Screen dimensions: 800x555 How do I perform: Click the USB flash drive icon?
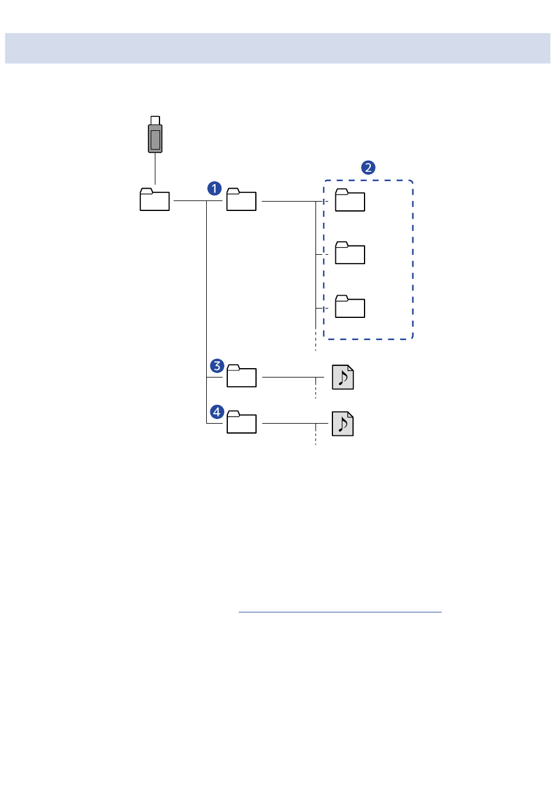pyautogui.click(x=155, y=138)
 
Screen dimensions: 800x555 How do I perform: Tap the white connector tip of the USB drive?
pyautogui.click(x=155, y=120)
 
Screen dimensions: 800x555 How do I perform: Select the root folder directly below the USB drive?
pyautogui.click(x=155, y=200)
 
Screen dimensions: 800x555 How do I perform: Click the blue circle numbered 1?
pyautogui.click(x=214, y=189)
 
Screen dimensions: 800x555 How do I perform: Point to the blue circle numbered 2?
pyautogui.click(x=368, y=168)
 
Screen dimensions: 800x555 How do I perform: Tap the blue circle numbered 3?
pyautogui.click(x=217, y=366)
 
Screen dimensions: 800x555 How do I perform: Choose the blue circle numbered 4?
pyautogui.click(x=217, y=412)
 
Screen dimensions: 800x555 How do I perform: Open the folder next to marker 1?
pyautogui.click(x=241, y=200)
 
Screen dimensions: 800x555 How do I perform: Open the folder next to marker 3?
pyautogui.click(x=241, y=376)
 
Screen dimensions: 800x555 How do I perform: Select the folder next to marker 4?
pyautogui.click(x=241, y=422)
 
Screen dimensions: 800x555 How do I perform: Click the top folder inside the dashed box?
pyautogui.click(x=350, y=200)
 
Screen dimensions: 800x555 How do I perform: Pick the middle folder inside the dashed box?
pyautogui.click(x=350, y=254)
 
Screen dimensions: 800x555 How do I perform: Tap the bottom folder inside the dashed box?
pyautogui.click(x=350, y=307)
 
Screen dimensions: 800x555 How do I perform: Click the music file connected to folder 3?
pyautogui.click(x=343, y=378)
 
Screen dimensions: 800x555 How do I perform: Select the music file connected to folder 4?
pyautogui.click(x=343, y=424)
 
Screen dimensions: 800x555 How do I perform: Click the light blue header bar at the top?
pyautogui.click(x=277, y=48)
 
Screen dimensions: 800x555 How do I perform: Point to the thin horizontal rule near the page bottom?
pyautogui.click(x=340, y=612)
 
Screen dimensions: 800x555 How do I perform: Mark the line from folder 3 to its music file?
pyautogui.click(x=289, y=377)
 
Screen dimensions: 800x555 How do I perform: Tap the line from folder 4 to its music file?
pyautogui.click(x=289, y=423)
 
